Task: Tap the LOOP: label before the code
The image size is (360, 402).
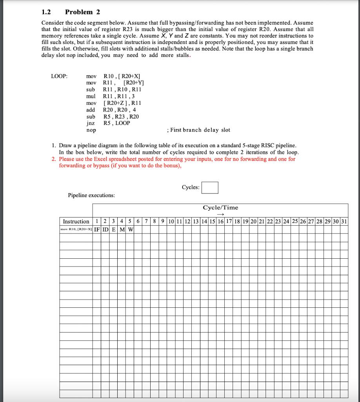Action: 59,76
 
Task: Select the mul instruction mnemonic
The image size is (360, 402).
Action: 91,96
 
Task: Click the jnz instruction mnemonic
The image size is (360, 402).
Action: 91,123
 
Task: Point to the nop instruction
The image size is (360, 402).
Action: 91,130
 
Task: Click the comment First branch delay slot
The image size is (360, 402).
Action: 198,130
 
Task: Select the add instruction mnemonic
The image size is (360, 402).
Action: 91,110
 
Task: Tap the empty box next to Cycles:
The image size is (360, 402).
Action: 210,188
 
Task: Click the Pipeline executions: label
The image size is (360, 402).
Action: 91,195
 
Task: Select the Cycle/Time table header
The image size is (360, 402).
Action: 220,208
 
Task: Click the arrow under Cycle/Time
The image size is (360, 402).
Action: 220,214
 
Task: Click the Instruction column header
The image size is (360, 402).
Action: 76,221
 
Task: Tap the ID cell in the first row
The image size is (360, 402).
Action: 105,229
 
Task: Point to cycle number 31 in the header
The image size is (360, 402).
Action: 344,221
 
